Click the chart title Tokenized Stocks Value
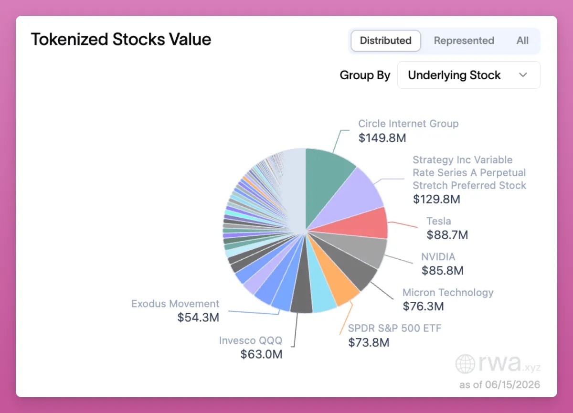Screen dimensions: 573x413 click(x=121, y=39)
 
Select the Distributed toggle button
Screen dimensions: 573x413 click(x=385, y=41)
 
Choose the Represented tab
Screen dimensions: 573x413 click(x=464, y=41)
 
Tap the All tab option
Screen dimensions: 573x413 click(x=522, y=41)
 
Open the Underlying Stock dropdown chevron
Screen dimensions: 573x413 click(x=523, y=75)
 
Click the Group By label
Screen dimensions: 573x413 click(x=365, y=75)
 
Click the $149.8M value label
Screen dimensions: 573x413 click(x=382, y=138)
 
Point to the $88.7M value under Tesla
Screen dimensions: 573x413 click(x=447, y=235)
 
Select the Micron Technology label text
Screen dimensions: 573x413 click(x=448, y=292)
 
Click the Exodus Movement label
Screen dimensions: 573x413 click(x=175, y=304)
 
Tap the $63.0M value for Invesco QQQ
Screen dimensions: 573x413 click(x=261, y=354)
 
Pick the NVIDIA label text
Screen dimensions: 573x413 click(x=438, y=256)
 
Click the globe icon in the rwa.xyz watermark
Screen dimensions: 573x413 click(x=465, y=364)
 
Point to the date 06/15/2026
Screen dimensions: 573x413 click(x=512, y=385)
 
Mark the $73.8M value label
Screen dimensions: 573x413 click(x=369, y=342)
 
